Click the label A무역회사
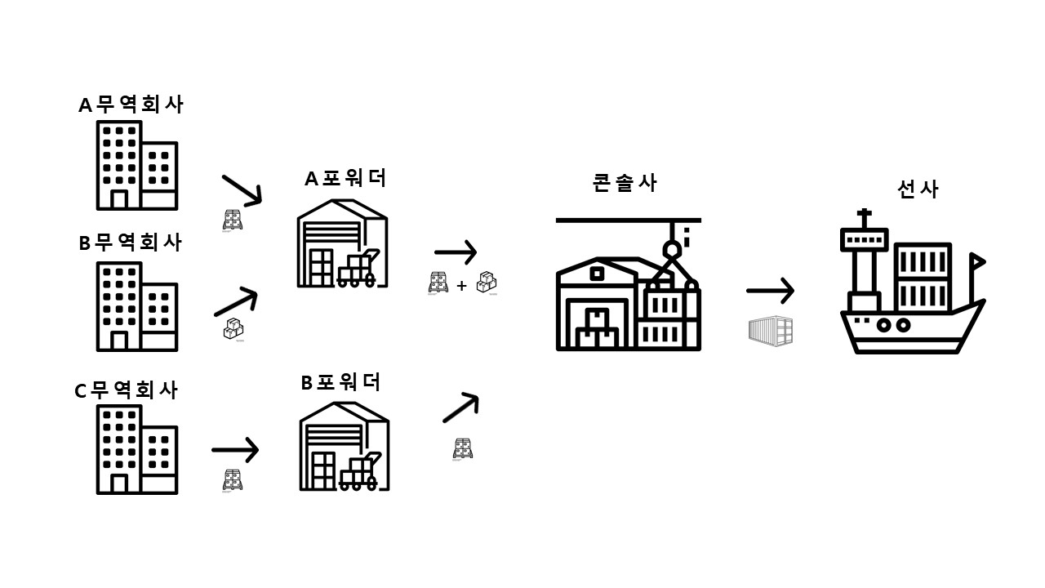click(x=131, y=105)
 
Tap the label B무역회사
click(x=131, y=243)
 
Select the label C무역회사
click(x=127, y=390)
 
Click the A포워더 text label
click(x=345, y=178)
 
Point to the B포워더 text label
click(x=340, y=382)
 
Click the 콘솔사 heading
click(x=625, y=183)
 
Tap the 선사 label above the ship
click(x=918, y=189)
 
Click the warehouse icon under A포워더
click(x=341, y=243)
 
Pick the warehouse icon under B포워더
click(x=343, y=448)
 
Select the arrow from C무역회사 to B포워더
click(x=235, y=449)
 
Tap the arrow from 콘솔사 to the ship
click(x=770, y=290)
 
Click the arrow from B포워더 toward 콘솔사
click(x=460, y=407)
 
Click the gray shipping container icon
click(x=771, y=331)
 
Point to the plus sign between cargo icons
click(x=461, y=286)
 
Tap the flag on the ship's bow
click(x=976, y=261)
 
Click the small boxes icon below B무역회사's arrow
click(x=233, y=329)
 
